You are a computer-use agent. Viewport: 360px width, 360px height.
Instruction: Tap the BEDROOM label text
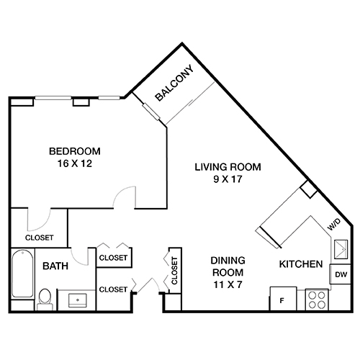[x=75, y=151]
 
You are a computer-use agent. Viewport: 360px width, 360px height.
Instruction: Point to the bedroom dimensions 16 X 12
[x=75, y=163]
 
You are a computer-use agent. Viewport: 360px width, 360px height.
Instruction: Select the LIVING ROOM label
[x=228, y=167]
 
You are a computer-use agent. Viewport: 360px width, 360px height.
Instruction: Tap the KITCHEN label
[x=300, y=264]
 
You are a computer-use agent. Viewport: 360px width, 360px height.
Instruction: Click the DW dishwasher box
[x=339, y=274]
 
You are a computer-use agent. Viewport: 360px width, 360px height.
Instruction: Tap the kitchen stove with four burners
[x=316, y=299]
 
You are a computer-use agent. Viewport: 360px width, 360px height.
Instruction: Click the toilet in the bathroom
[x=44, y=297]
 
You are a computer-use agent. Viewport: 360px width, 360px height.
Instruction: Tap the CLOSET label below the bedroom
[x=39, y=236]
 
